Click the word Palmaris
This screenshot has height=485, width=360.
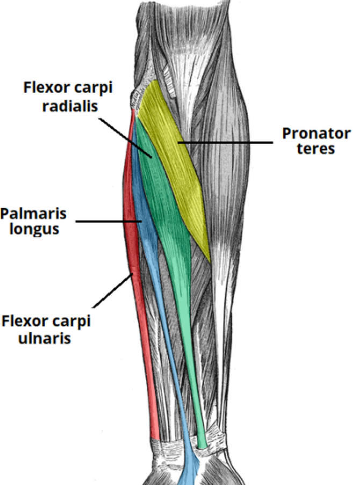[33, 214]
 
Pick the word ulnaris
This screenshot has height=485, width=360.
[46, 339]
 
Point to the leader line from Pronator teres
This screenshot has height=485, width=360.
[226, 142]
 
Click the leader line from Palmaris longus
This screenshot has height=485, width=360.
[107, 220]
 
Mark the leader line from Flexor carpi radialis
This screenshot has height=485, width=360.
[126, 134]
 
